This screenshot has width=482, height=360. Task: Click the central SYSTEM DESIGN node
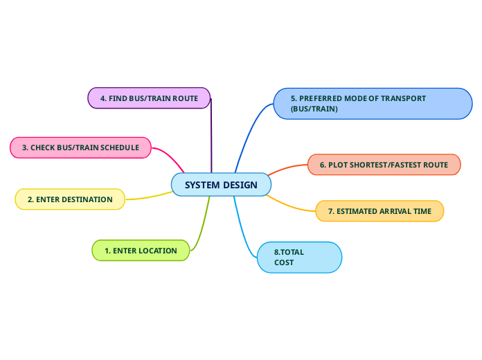[221, 185]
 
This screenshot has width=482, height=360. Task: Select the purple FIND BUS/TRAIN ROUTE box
[149, 98]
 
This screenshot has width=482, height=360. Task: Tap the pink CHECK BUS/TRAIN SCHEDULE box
[80, 147]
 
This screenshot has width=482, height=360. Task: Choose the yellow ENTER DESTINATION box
[70, 199]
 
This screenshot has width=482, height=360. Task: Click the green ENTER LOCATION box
[141, 251]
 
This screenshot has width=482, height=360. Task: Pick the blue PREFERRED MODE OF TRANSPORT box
[373, 104]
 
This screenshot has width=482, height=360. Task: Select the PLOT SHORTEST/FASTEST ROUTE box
[384, 165]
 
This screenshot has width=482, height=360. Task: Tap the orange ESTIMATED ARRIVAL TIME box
[380, 211]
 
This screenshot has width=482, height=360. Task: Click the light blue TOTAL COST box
[299, 257]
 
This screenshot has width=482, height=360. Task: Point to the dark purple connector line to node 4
[211, 135]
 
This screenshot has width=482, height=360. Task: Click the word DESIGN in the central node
[240, 185]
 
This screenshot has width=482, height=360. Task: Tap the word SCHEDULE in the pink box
[120, 147]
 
